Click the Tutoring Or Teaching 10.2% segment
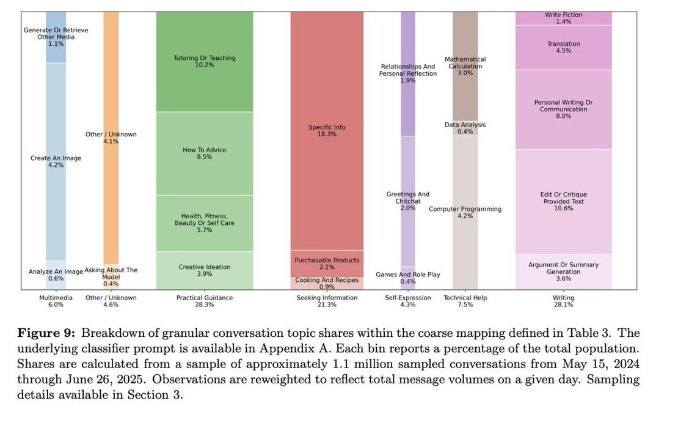tap(204, 61)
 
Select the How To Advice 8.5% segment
tap(204, 153)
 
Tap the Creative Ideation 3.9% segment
tap(204, 270)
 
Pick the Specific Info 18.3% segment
tap(326, 131)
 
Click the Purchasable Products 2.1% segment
tap(326, 264)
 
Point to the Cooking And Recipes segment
tap(326, 283)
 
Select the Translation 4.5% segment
tap(563, 47)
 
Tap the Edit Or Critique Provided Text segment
tap(563, 201)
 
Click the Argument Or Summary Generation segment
tap(563, 271)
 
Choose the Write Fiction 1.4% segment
tap(563, 18)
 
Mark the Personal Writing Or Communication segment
tap(563, 109)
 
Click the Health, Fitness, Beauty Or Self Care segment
tap(204, 223)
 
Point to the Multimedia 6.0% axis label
tap(56, 301)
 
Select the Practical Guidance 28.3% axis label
tap(204, 301)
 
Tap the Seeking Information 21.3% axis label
tap(326, 301)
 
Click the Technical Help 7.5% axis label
tap(465, 301)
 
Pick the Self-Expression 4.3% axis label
tap(407, 301)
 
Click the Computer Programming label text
tap(465, 209)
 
